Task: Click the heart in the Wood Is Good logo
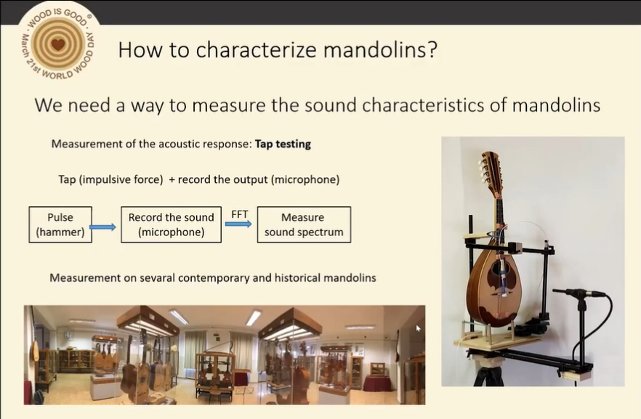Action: tap(58, 44)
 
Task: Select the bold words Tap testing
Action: tap(283, 145)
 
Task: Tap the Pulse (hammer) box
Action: tap(60, 224)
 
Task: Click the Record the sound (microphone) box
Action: tap(171, 224)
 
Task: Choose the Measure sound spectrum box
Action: tap(304, 224)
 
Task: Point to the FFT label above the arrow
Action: tap(239, 214)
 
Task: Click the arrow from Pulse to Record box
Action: tap(102, 227)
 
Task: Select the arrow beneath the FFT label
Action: tap(238, 224)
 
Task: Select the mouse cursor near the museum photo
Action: tap(418, 328)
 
